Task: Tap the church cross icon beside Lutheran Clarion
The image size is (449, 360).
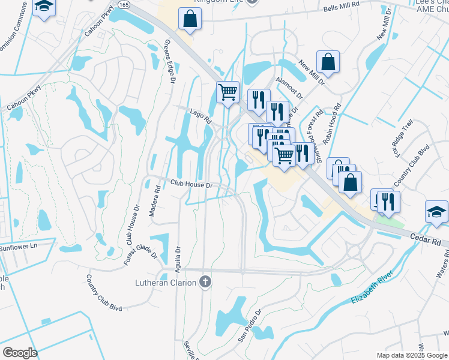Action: [x=205, y=282]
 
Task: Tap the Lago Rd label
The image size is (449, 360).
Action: [x=200, y=116]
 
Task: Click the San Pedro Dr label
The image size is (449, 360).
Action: [x=250, y=326]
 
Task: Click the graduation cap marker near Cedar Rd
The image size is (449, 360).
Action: [x=436, y=211]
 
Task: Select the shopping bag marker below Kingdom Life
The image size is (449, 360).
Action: [x=190, y=19]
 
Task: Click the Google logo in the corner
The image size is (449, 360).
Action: [x=19, y=353]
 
